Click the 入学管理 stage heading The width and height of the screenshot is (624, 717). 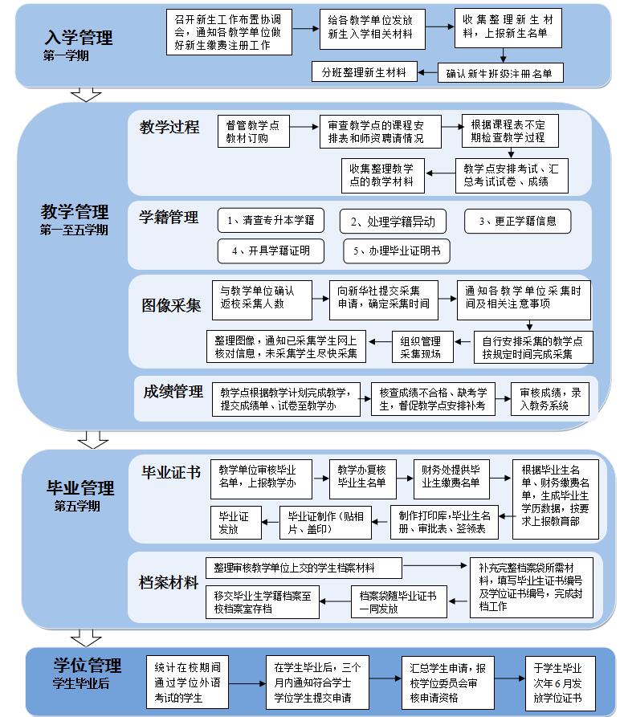click(79, 38)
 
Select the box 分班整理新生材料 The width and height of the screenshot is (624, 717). click(364, 71)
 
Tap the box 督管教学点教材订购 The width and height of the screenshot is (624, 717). click(254, 131)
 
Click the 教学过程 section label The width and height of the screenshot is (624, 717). click(169, 127)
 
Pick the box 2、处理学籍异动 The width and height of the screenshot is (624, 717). click(393, 222)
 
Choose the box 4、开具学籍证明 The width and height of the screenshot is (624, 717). click(271, 251)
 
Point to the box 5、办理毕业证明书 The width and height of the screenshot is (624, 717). click(397, 251)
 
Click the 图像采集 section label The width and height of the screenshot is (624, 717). click(171, 305)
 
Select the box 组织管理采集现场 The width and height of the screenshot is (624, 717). click(422, 347)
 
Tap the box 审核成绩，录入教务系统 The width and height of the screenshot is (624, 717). click(550, 399)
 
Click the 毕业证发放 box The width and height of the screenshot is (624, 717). click(236, 523)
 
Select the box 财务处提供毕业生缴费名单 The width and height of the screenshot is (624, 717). click(451, 479)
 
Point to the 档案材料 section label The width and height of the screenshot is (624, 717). click(169, 583)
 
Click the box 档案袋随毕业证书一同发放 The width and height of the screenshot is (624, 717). click(399, 601)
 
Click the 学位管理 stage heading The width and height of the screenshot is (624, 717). click(88, 666)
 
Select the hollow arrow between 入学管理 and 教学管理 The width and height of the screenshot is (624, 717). click(87, 94)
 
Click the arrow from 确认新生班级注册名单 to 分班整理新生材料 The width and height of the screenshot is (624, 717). click(428, 72)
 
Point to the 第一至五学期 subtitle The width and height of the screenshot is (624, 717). click(74, 230)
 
